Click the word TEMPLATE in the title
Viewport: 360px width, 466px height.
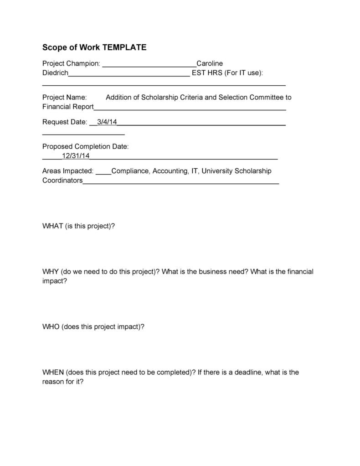[124, 47]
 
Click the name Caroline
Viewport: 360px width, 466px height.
[210, 63]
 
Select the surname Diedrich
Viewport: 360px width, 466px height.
[55, 72]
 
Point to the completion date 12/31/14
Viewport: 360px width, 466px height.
[76, 155]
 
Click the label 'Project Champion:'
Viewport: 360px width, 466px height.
[71, 63]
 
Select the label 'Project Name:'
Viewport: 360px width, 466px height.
[64, 97]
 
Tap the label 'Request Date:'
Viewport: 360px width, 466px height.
[64, 122]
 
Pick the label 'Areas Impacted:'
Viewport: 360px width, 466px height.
[68, 171]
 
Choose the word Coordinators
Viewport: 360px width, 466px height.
[62, 180]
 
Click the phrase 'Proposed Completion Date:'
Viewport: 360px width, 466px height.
[86, 146]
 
